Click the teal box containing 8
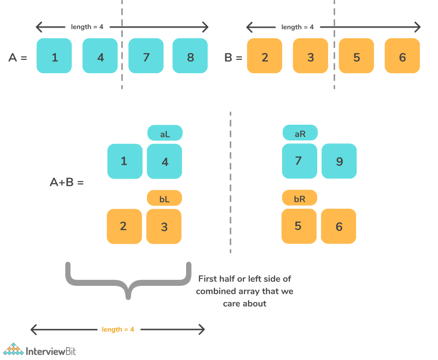click(x=191, y=56)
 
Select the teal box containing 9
click(x=339, y=161)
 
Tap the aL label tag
click(x=165, y=133)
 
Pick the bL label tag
click(x=164, y=198)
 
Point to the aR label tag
click(x=300, y=133)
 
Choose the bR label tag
click(x=299, y=198)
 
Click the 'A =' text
click(x=18, y=57)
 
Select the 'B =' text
click(x=234, y=57)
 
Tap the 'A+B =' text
click(x=67, y=182)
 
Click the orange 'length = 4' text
click(x=118, y=329)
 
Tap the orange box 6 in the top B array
click(x=402, y=56)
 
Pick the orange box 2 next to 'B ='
click(x=265, y=56)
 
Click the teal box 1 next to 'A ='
click(x=54, y=56)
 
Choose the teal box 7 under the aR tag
click(x=299, y=161)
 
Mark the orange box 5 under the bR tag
click(x=298, y=226)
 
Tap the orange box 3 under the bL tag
click(x=164, y=226)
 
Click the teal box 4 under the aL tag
click(x=165, y=161)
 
